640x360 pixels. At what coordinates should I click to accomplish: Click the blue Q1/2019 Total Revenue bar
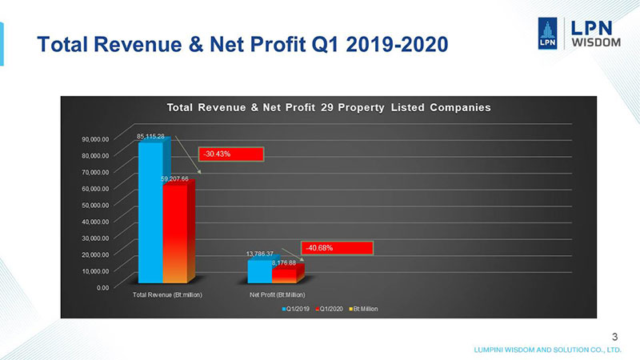click(150, 212)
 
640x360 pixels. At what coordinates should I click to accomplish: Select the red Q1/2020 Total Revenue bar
click(175, 232)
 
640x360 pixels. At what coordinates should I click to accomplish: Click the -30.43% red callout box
click(230, 154)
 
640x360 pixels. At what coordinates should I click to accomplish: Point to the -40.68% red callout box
click(336, 247)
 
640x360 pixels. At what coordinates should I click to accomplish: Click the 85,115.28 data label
click(150, 137)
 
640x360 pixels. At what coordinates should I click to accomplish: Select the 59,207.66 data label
click(174, 178)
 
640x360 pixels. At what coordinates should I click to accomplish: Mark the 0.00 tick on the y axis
click(102, 287)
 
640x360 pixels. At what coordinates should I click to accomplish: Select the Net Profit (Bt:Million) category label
click(276, 295)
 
